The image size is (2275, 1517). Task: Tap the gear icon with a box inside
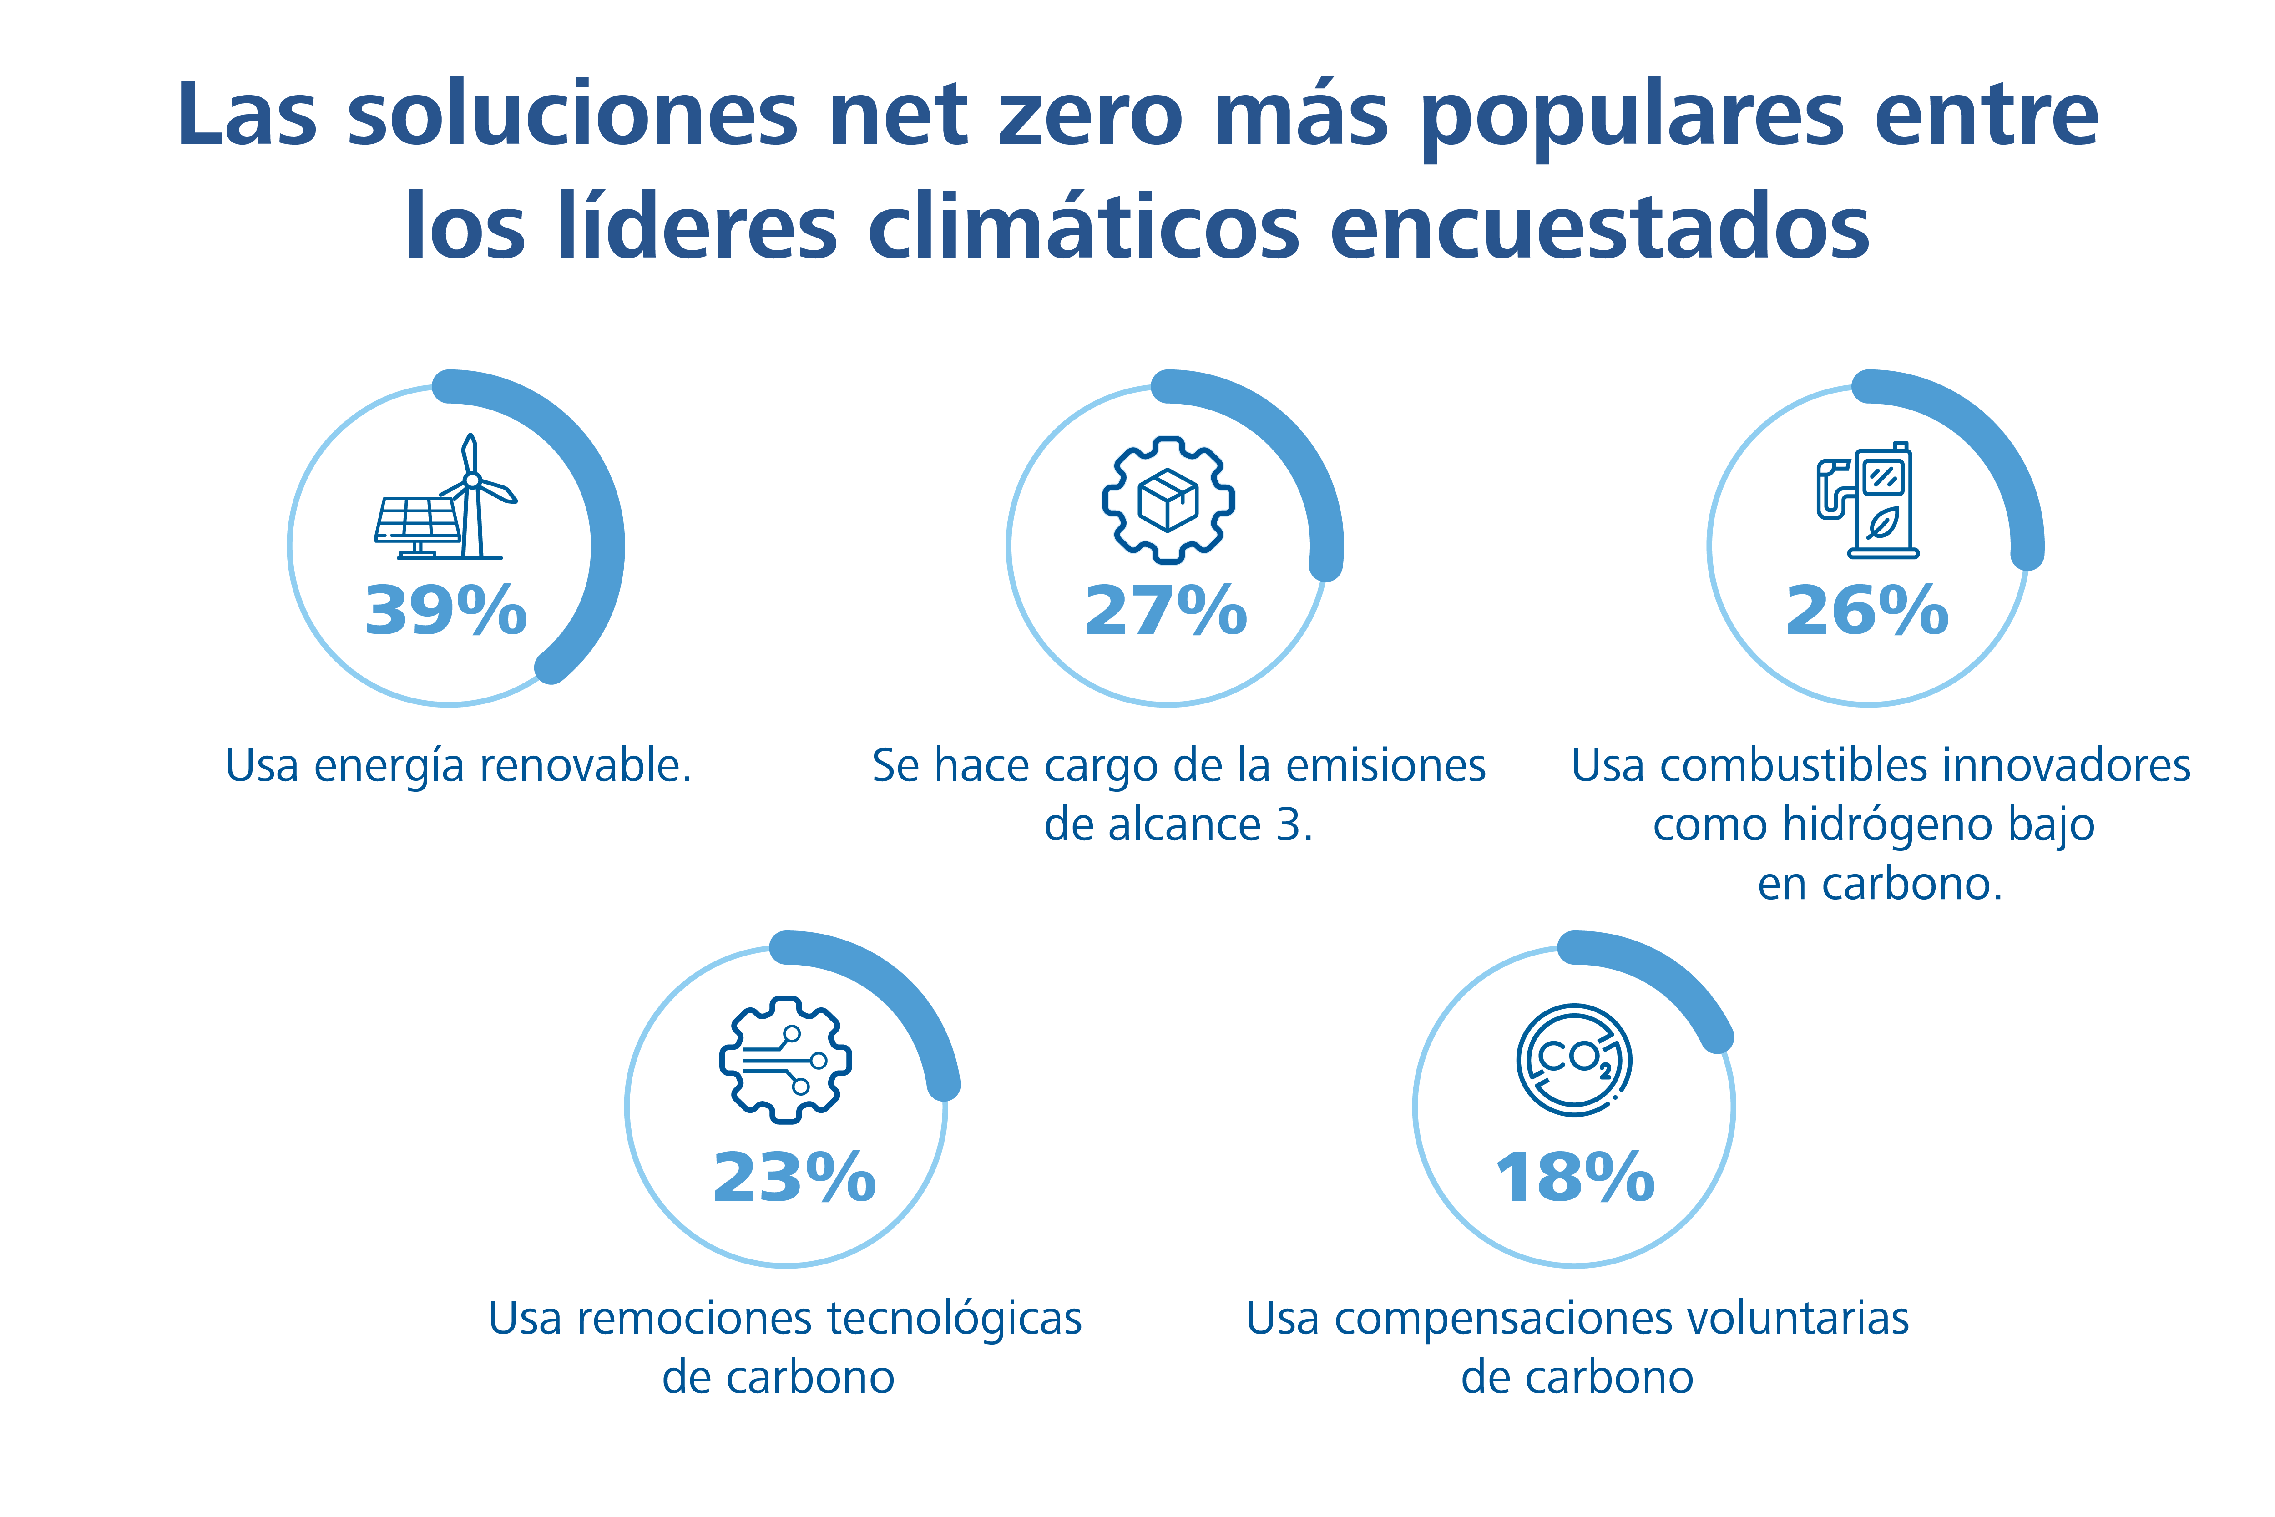[1168, 499]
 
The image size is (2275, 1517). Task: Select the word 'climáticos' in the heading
[1083, 228]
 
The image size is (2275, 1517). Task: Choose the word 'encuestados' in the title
[1600, 228]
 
